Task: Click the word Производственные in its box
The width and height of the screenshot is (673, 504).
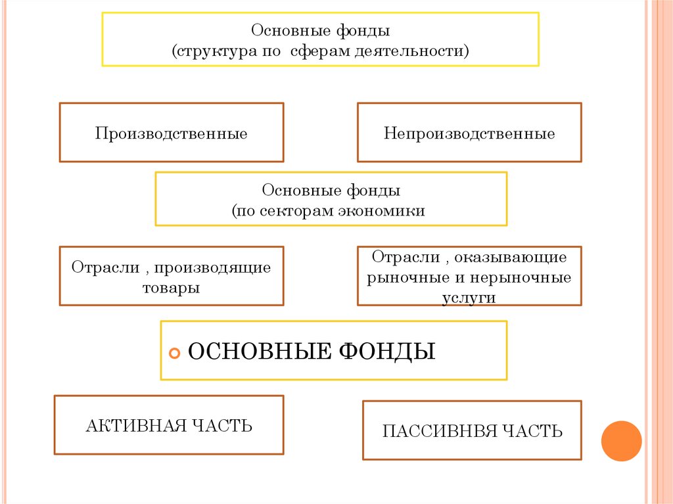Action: pos(172,133)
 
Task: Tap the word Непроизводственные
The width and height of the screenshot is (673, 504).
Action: pos(469,133)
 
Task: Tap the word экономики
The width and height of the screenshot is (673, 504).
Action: pos(382,211)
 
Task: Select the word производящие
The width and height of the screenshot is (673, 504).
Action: pos(212,268)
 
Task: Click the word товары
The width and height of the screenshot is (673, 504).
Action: pos(172,288)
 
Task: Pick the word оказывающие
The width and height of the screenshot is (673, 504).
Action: pos(511,257)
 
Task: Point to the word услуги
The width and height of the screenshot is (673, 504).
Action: pos(469,298)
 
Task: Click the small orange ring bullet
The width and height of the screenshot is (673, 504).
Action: pos(175,354)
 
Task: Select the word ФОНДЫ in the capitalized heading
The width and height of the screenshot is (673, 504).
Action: pos(387,351)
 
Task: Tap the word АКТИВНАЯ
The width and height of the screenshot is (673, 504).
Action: pos(137,426)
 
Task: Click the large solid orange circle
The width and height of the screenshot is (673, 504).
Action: pos(622,441)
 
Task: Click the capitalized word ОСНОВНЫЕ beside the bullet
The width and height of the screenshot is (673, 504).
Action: pos(260,351)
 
